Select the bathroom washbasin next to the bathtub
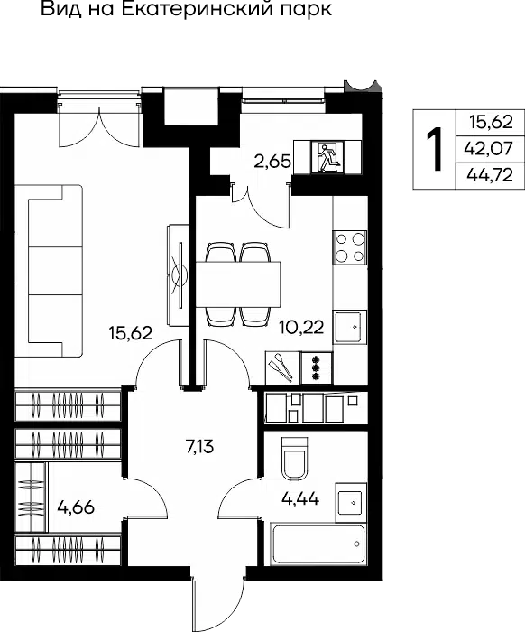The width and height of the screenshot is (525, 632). [351, 502]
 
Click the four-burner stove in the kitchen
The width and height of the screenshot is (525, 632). [349, 247]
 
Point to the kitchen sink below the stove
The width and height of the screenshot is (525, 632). [349, 327]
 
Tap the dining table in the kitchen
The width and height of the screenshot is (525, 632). [238, 284]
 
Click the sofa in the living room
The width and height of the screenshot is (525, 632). [55, 271]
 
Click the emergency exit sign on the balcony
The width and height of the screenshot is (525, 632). [327, 157]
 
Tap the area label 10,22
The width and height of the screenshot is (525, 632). [301, 328]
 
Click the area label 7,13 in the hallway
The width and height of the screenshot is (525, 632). [199, 447]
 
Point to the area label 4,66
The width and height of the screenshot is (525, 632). [76, 507]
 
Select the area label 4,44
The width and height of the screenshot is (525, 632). [300, 499]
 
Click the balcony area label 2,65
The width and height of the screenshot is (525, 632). [272, 162]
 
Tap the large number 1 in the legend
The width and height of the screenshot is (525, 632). [434, 149]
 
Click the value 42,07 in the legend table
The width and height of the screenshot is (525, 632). [489, 149]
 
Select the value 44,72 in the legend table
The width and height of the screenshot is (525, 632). [490, 175]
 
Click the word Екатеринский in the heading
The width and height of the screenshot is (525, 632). [197, 9]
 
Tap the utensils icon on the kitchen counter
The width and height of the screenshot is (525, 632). [282, 367]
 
